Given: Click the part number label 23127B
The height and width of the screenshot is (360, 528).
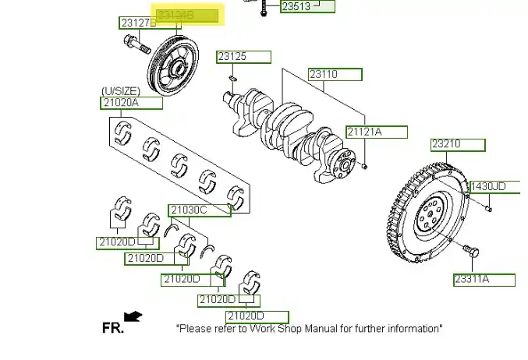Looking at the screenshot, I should coord(138,23).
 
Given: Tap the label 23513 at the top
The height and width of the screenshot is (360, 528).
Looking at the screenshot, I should coord(296,6).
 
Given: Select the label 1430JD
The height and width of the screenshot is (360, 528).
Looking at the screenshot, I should coord(487,186).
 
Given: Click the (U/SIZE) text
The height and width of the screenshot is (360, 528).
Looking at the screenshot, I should coord(120,90).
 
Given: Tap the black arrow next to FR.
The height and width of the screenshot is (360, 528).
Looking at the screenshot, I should coord(133,316).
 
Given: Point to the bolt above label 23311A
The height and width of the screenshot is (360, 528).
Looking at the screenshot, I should coord(470,251).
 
